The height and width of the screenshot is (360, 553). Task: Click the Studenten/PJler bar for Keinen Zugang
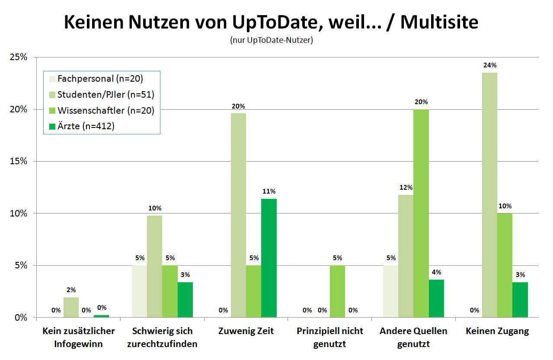[489, 195]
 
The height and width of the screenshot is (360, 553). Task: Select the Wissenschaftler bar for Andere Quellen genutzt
[421, 213]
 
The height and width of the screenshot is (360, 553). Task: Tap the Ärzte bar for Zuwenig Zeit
[269, 258]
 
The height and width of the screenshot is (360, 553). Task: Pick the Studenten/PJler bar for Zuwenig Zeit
[238, 215]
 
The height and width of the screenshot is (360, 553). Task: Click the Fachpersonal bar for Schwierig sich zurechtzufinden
[139, 291]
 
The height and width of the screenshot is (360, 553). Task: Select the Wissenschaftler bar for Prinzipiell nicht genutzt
[337, 291]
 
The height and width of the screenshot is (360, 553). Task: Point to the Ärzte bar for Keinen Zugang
[520, 299]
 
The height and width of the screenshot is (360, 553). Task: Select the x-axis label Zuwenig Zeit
[246, 331]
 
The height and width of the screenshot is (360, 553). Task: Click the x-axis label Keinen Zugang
[497, 331]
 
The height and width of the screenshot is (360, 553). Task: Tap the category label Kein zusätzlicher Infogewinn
[79, 338]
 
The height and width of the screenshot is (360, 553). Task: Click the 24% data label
[490, 65]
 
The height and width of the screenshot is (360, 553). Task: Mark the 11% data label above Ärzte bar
[269, 191]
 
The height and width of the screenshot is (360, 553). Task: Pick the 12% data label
[406, 188]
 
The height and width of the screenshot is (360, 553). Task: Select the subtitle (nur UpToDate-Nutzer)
[272, 41]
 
